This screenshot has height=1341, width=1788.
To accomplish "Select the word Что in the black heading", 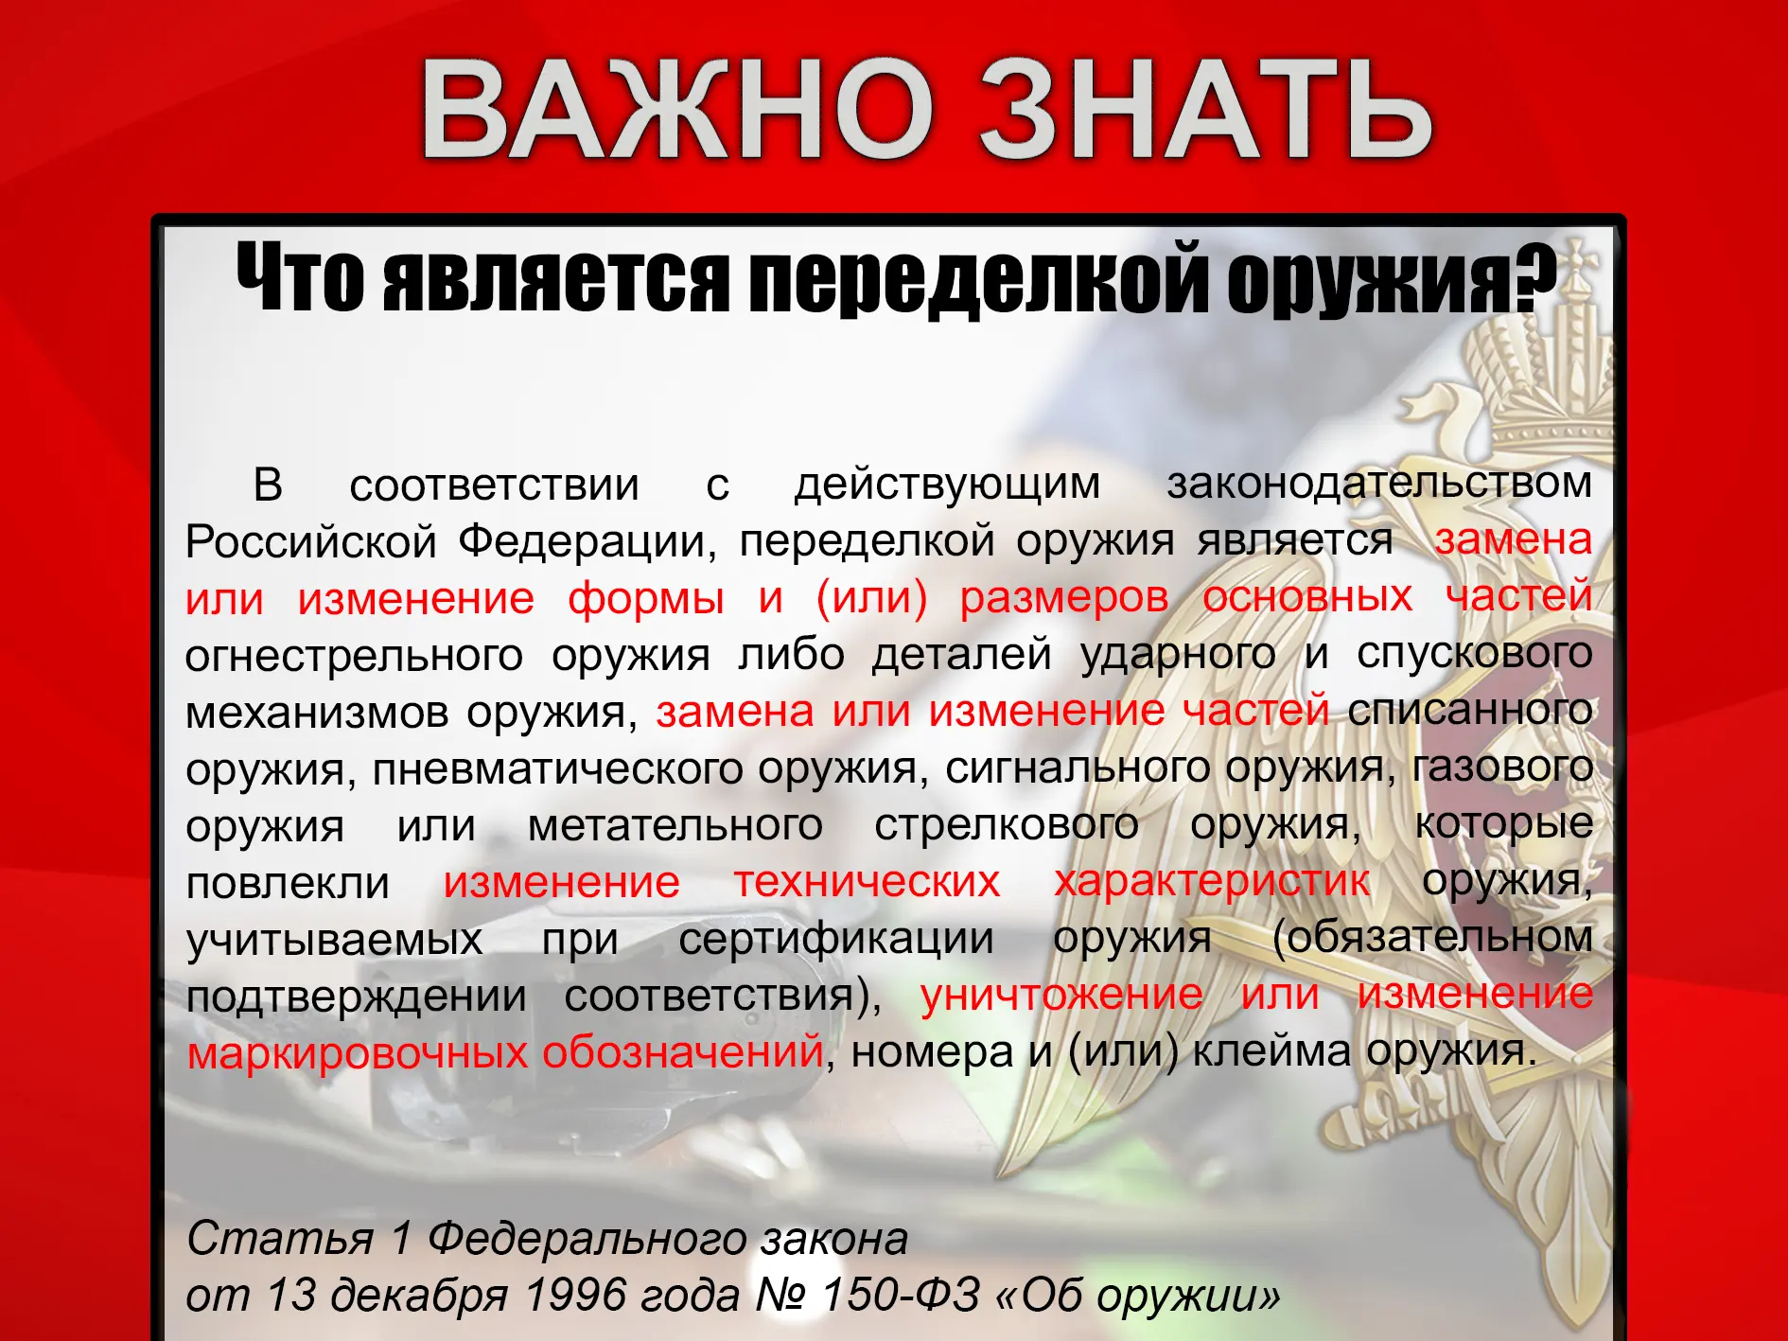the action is (x=301, y=278).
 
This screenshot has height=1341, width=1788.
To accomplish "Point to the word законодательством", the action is (x=1379, y=484).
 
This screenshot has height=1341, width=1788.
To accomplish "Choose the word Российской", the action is (x=310, y=542).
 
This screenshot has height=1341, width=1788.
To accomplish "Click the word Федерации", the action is (x=587, y=542).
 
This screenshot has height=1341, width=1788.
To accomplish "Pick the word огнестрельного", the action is (x=354, y=656).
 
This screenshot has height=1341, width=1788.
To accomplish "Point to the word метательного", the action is (x=675, y=825).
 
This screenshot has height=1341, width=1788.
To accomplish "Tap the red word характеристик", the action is (x=1212, y=883).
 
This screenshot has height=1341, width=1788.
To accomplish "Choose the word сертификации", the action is (x=836, y=940).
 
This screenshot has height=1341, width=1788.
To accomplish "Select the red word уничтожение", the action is (x=1061, y=997).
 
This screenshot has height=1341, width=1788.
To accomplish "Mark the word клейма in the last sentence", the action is (x=1271, y=1051).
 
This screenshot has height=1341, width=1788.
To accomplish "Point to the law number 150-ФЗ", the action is (x=901, y=1296).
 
